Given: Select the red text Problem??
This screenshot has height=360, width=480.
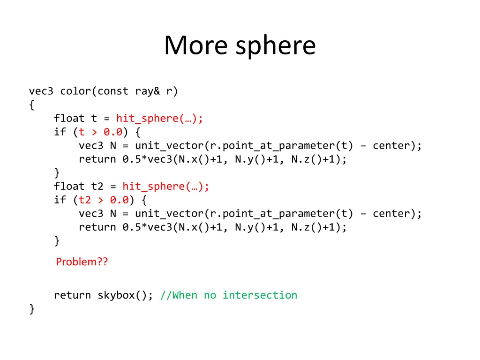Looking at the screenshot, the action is point(82,262).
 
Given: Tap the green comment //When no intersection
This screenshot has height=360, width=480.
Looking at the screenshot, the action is point(229,295).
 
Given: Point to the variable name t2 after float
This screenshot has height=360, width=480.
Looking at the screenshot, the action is point(97,187).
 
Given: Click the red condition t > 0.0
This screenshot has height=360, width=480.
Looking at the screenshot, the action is point(100,132).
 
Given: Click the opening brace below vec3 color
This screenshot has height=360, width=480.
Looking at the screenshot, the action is point(31,105).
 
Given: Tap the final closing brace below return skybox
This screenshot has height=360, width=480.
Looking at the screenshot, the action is point(31,309).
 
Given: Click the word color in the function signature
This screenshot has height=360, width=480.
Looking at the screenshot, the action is point(75,91).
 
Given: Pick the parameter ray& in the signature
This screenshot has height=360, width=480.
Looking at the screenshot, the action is point(148,91).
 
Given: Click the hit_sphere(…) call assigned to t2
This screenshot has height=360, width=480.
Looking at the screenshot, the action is point(166,187).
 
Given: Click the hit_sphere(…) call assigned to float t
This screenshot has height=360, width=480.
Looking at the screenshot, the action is point(160,119).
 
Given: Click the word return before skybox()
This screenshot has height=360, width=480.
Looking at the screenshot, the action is point(72,295).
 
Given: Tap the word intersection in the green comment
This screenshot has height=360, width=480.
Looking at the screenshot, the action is point(260,295).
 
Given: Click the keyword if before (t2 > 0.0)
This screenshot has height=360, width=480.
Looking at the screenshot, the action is point(60,200).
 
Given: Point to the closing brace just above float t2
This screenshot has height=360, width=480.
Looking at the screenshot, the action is point(57,173).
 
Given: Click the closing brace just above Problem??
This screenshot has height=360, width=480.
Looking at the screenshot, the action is point(57,241).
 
